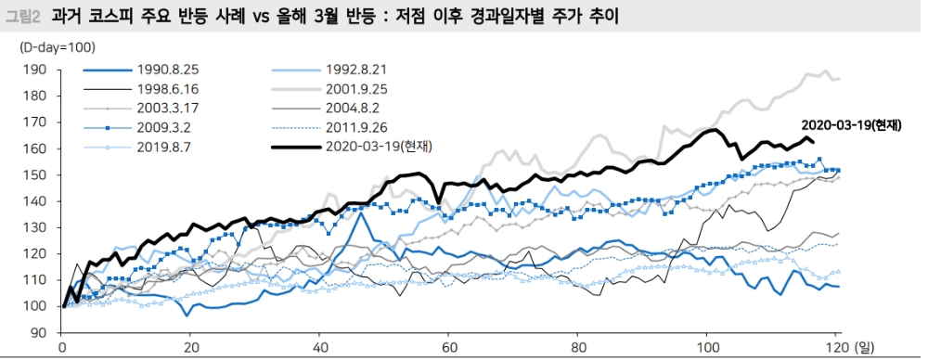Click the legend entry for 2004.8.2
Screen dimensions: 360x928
[359, 108]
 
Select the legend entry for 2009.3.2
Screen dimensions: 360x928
[166, 127]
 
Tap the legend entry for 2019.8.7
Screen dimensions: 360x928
[166, 147]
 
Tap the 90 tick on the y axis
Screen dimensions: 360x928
[37, 332]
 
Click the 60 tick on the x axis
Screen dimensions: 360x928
[448, 348]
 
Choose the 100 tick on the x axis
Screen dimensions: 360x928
[707, 348]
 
